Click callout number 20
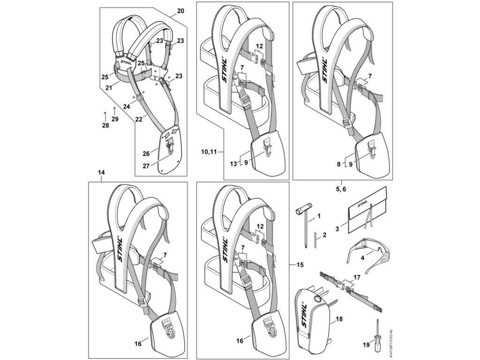coord(180,11)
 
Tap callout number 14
coord(101,172)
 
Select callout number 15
coord(300,264)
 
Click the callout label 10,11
coord(209,151)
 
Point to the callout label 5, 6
coord(341,189)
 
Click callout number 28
coord(105,126)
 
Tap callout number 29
coord(115,119)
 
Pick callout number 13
coord(233,164)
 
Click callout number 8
coord(338,164)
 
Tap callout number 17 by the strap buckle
coord(356,277)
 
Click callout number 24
coord(127,106)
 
